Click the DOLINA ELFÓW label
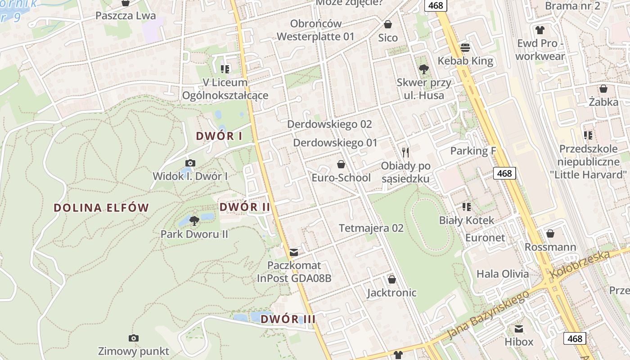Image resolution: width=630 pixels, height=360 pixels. (x=101, y=208)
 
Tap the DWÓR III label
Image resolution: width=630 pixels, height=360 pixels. (x=288, y=319)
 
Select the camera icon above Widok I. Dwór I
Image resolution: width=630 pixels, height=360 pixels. (x=190, y=163)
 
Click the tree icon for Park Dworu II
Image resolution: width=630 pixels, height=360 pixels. (x=194, y=220)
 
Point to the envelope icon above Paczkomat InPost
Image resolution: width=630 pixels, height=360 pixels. (x=294, y=252)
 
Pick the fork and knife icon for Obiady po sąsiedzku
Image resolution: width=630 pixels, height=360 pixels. (x=405, y=152)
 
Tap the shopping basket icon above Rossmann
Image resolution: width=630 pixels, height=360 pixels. (x=550, y=234)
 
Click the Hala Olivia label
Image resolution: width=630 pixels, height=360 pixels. (x=503, y=274)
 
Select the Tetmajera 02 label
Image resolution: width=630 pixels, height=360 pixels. (x=371, y=228)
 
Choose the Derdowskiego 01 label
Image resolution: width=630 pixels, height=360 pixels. (x=335, y=143)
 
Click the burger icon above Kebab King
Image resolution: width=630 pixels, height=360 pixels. (x=465, y=47)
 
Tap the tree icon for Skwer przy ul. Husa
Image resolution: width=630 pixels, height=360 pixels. (x=423, y=69)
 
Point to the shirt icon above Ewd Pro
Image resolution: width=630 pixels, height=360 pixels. (x=540, y=30)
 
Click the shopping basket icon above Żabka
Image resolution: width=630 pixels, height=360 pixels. (x=603, y=89)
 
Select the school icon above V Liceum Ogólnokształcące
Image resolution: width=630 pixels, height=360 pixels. (x=225, y=69)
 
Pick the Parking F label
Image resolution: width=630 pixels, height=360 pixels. (x=473, y=151)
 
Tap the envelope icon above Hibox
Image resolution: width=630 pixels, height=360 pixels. (x=519, y=328)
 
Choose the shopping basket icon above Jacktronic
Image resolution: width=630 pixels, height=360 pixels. (x=392, y=279)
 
